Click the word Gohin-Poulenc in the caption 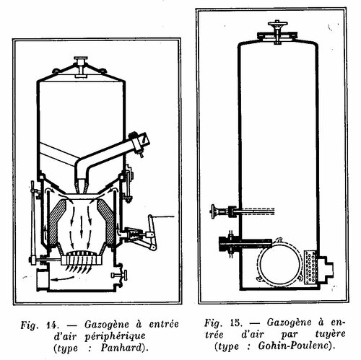coord(294,346)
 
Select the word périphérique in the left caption coord(115,336)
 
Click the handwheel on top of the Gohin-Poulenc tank coord(277,24)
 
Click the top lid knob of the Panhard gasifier coord(81,59)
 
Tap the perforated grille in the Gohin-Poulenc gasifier coord(310,267)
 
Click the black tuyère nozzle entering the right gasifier coord(245,243)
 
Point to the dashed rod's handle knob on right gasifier coord(214,211)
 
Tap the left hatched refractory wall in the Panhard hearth coord(57,221)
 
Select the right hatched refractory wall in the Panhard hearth coord(106,221)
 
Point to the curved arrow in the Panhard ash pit coord(63,278)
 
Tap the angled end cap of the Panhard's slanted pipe coord(140,142)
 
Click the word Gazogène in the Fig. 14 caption coord(108,325)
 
